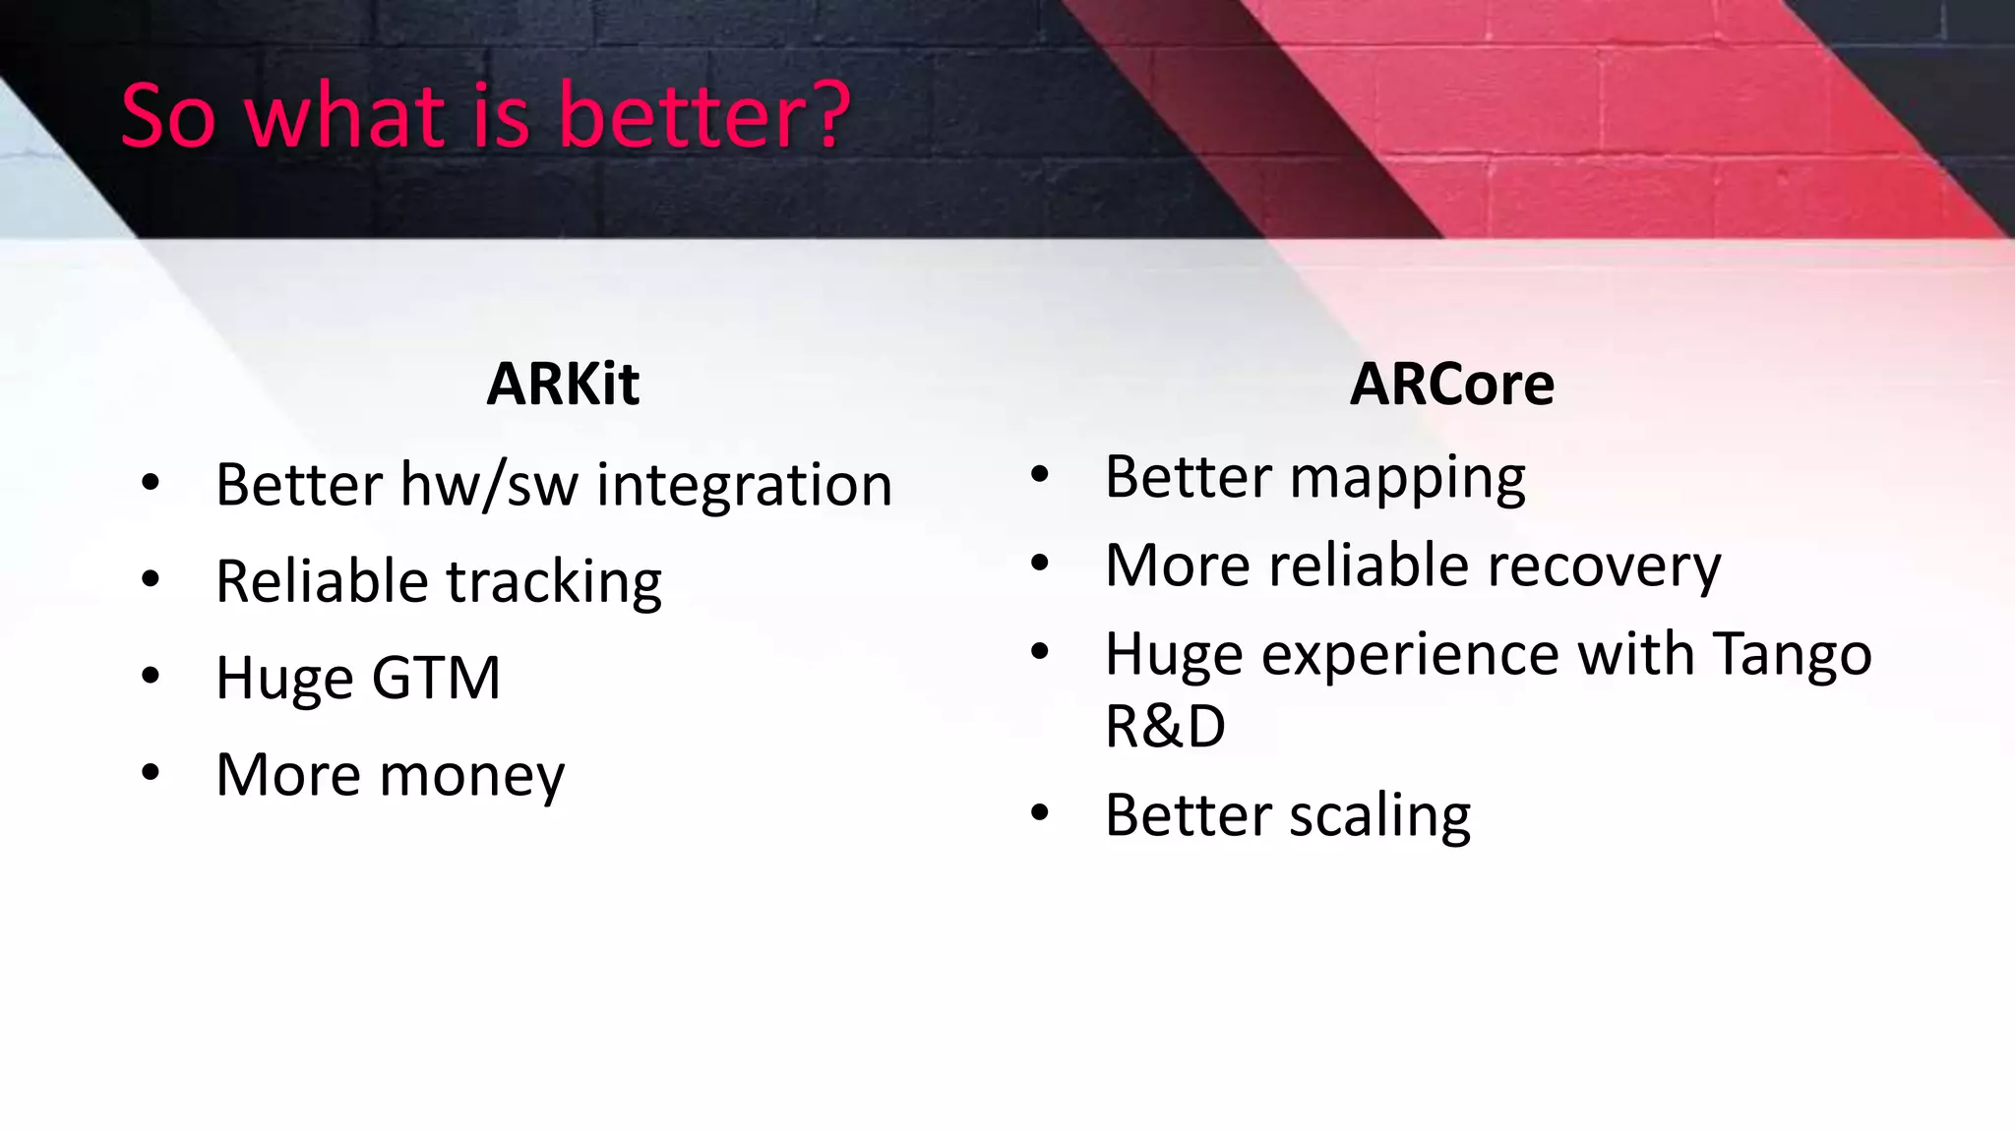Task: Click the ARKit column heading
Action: click(x=563, y=384)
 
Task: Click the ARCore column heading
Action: click(x=1451, y=384)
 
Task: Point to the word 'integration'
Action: click(x=744, y=485)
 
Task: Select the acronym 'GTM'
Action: click(x=436, y=678)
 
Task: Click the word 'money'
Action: click(x=472, y=775)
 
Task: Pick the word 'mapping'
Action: click(x=1407, y=478)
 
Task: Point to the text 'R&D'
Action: click(x=1165, y=727)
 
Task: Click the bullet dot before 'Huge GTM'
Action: click(x=151, y=676)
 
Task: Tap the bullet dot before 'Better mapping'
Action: click(x=1040, y=475)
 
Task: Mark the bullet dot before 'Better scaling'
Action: click(x=1040, y=813)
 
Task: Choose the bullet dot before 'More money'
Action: click(x=151, y=772)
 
